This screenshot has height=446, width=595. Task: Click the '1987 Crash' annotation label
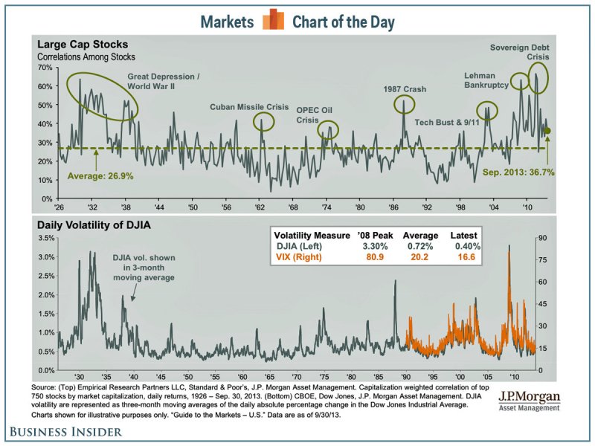405,89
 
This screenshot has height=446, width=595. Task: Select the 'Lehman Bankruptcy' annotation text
485,80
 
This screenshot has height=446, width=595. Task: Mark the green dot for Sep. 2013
547,131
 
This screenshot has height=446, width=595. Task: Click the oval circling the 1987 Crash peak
404,104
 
